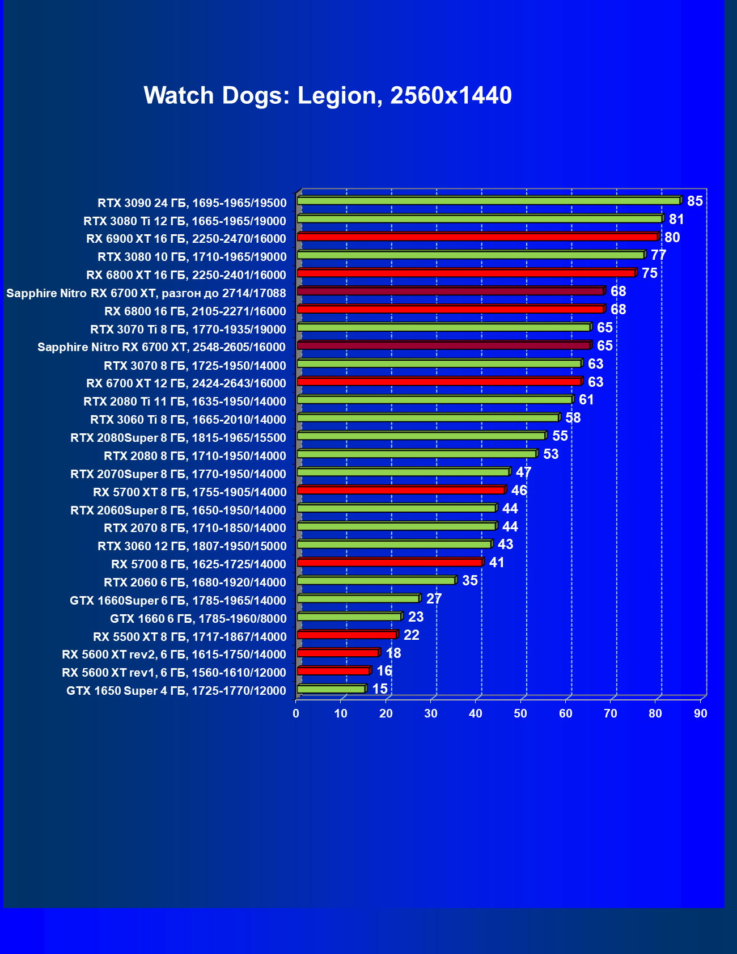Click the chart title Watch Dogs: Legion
[328, 95]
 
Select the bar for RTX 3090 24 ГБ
[488, 201]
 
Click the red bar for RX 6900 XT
[476, 237]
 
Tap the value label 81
[676, 219]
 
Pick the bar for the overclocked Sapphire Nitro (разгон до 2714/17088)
[450, 291]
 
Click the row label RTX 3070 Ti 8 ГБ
[188, 330]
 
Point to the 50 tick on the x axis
[520, 714]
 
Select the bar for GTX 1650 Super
[331, 689]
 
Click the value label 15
[380, 689]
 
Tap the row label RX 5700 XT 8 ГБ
[189, 492]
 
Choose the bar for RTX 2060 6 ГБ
[376, 581]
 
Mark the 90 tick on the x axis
[701, 714]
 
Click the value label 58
[573, 418]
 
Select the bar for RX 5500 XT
[346, 635]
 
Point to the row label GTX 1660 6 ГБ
[198, 619]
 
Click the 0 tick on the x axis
[296, 714]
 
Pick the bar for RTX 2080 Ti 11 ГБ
[434, 400]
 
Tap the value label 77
[658, 255]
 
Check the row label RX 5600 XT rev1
[173, 673]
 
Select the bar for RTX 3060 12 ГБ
[393, 544]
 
